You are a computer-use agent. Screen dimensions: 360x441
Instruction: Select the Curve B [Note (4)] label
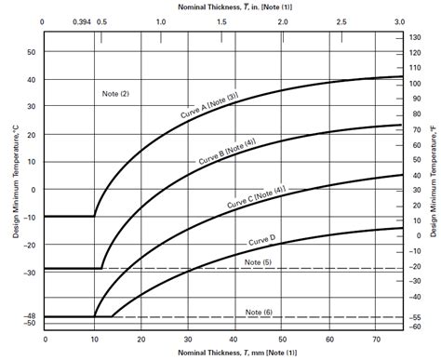tap(228, 153)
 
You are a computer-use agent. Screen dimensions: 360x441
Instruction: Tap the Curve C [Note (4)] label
tap(256, 198)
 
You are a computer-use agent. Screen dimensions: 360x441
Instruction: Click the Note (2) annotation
tap(115, 95)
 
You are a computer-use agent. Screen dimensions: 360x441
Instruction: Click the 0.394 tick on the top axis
tap(83, 20)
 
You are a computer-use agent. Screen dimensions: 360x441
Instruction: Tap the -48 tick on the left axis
tap(29, 317)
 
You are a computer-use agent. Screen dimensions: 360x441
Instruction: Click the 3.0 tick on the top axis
tap(400, 20)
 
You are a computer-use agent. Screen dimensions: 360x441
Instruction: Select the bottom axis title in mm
tap(220, 353)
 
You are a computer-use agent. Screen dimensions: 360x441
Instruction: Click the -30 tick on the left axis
tap(29, 273)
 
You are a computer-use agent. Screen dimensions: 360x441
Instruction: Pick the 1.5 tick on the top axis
tap(222, 20)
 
